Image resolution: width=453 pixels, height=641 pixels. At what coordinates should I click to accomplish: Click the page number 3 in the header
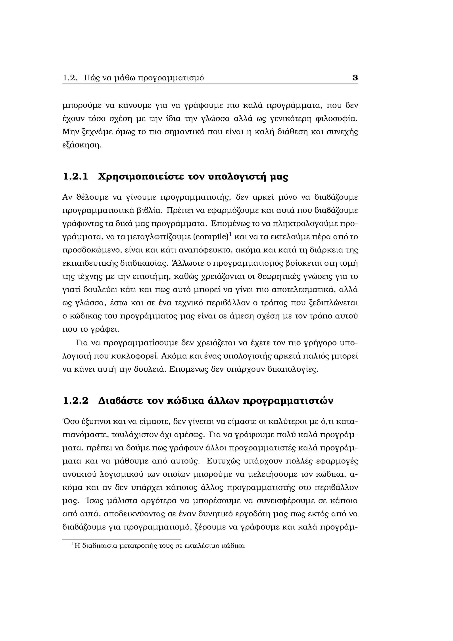(x=355, y=78)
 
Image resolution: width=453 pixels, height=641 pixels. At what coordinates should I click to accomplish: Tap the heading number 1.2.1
(x=75, y=177)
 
